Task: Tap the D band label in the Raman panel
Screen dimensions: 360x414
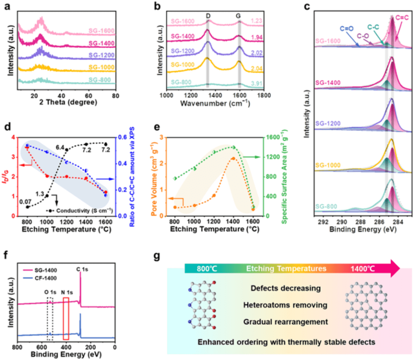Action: tap(208, 16)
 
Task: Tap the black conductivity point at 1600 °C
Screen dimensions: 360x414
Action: tap(106, 144)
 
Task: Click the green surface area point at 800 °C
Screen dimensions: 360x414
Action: tap(175, 178)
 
